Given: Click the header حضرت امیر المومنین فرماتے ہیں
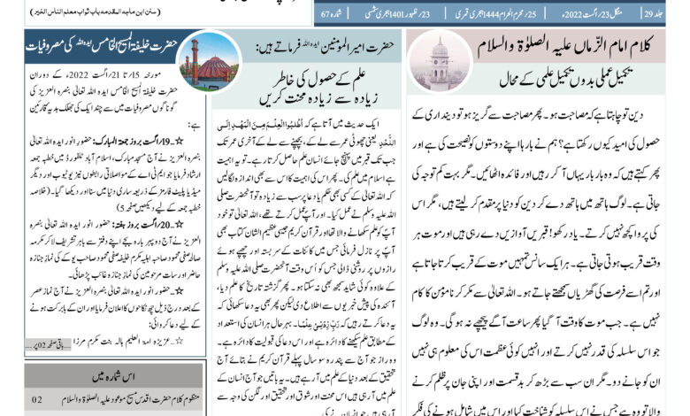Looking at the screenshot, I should point(314,44).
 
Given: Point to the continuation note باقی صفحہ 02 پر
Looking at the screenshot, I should point(53,338).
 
